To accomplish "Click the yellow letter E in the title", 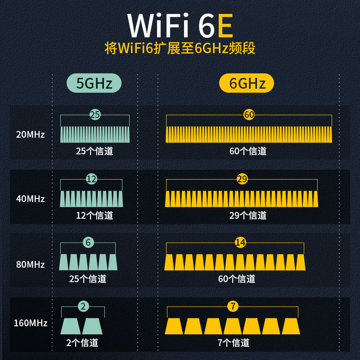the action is pos(225,26).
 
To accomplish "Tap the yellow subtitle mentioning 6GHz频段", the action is pos(180,48).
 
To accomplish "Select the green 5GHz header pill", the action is pos(94,83).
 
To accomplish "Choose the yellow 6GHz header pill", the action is pos(247,83).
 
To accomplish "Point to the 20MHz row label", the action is pos(30,134).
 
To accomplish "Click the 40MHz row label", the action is pos(30,198).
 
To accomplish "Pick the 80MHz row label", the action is pos(30,264).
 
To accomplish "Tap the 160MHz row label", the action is pos(30,323).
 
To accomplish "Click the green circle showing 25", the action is pos(95,115).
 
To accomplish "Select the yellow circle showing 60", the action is pos(249,115).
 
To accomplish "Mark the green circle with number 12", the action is pos(91,179).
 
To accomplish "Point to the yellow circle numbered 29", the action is pos(242,179).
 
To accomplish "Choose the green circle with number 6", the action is pos(88,243).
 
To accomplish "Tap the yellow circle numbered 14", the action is pos(240,243).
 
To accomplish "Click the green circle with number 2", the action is pos(83,306).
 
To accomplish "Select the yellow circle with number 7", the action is pos(233,306).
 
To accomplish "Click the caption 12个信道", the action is pos(94,215).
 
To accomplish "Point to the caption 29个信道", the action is pos(248,215).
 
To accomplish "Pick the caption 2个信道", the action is pos(82,342).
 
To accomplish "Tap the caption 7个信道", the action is pos(233,342).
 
